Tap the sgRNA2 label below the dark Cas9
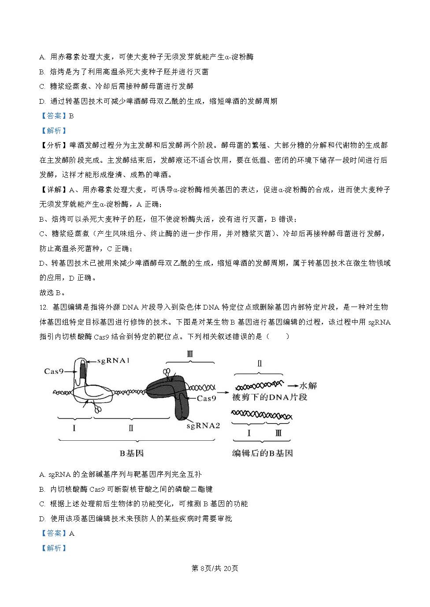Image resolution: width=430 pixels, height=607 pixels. point(203,425)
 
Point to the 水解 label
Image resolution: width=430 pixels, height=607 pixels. point(308,386)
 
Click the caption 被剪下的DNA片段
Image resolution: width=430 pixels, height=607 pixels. point(269,397)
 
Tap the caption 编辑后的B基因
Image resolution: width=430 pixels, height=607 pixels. point(263,453)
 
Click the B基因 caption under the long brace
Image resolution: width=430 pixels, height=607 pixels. point(132,453)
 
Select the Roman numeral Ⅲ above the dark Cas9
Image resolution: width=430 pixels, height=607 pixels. point(190,354)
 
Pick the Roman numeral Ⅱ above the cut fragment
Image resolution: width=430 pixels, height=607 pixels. point(259,364)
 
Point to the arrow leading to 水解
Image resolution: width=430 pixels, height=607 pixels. point(291,386)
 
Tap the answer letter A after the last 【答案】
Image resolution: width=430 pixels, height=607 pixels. point(72,533)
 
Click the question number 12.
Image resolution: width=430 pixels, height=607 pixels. point(43,307)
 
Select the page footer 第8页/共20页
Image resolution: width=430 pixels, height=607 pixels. point(215,568)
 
